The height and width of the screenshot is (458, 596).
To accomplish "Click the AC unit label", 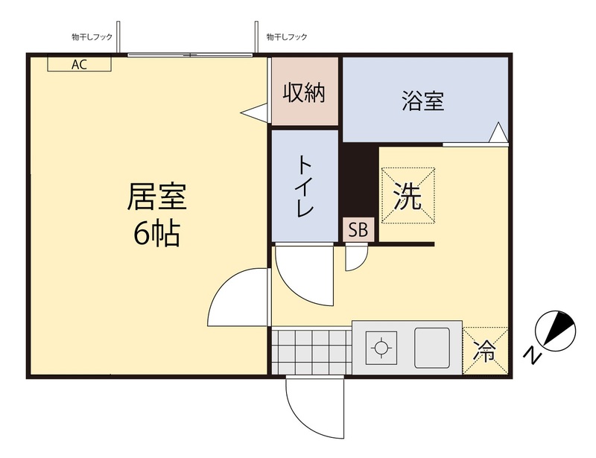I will pyautogui.click(x=79, y=64).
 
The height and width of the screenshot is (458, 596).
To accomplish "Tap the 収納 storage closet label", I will pyautogui.click(x=304, y=93).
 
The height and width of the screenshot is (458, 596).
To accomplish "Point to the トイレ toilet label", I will pyautogui.click(x=305, y=187).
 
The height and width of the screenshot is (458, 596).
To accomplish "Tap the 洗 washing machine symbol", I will pyautogui.click(x=408, y=196).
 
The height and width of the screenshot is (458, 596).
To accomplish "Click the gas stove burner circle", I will pyautogui.click(x=381, y=347).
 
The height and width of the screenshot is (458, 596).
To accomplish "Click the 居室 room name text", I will pyautogui.click(x=156, y=197).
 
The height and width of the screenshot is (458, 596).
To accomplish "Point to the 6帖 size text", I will pyautogui.click(x=156, y=235).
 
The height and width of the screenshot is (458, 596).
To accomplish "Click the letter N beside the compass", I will pyautogui.click(x=531, y=355).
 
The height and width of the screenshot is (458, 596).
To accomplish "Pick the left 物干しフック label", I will pyautogui.click(x=90, y=36).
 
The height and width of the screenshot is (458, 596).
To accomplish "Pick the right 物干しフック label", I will pyautogui.click(x=287, y=36).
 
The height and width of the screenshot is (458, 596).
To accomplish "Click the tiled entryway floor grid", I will pyautogui.click(x=310, y=351).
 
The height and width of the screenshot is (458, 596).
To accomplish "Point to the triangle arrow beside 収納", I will pyautogui.click(x=256, y=113).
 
